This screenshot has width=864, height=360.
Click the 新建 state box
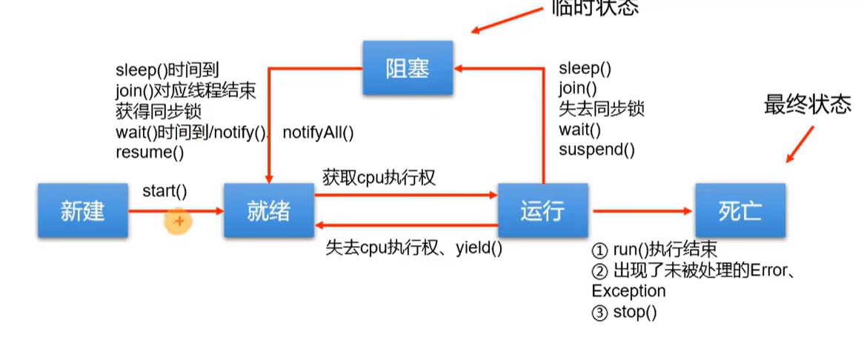pos(83,211)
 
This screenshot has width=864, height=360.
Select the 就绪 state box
pos(268,211)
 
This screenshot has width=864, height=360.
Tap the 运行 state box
pos(542,211)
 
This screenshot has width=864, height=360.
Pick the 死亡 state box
pos(740,211)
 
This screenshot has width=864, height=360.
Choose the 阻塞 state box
pos(407,69)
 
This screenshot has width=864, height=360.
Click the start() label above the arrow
pos(165,191)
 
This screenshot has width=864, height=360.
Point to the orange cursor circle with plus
pos(179,221)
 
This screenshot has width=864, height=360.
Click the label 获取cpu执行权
pos(379,178)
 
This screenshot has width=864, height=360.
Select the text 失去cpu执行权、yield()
pos(414,248)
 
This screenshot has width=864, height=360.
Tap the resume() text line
pos(149,153)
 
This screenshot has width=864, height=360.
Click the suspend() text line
pos(597,150)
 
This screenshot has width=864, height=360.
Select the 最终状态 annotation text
pos(807,105)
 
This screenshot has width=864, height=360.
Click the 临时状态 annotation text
pos(594,7)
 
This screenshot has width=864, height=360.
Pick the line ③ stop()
pos(624,312)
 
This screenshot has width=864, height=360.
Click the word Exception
pos(628,291)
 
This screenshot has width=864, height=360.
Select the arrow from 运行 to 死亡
pos(641,211)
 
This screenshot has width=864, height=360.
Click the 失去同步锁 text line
pos(601,109)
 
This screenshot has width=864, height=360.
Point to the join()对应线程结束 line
pos(185,91)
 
